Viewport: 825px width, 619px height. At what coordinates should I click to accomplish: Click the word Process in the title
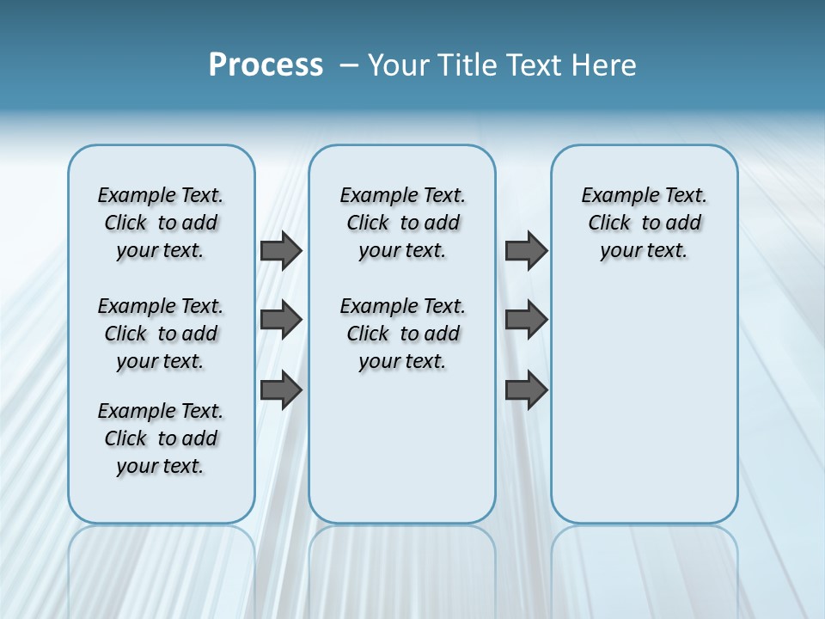pyautogui.click(x=266, y=65)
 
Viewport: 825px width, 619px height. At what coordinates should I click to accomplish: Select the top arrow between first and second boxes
pyautogui.click(x=281, y=251)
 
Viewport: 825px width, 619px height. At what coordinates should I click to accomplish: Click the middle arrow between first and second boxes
pyautogui.click(x=281, y=320)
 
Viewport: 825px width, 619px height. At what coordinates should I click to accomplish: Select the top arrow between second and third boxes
pyautogui.click(x=526, y=251)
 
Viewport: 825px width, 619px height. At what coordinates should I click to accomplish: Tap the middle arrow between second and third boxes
pyautogui.click(x=526, y=320)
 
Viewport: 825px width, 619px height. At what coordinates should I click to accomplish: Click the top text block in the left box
pyautogui.click(x=161, y=223)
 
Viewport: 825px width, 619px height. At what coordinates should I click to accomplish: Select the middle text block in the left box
pyautogui.click(x=161, y=334)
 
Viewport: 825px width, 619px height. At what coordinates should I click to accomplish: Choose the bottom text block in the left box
pyautogui.click(x=161, y=438)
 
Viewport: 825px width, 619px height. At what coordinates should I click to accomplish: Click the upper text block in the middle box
pyautogui.click(x=402, y=223)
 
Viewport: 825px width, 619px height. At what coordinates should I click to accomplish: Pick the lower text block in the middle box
pyautogui.click(x=402, y=334)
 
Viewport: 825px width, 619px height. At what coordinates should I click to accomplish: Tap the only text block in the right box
pyautogui.click(x=644, y=223)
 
